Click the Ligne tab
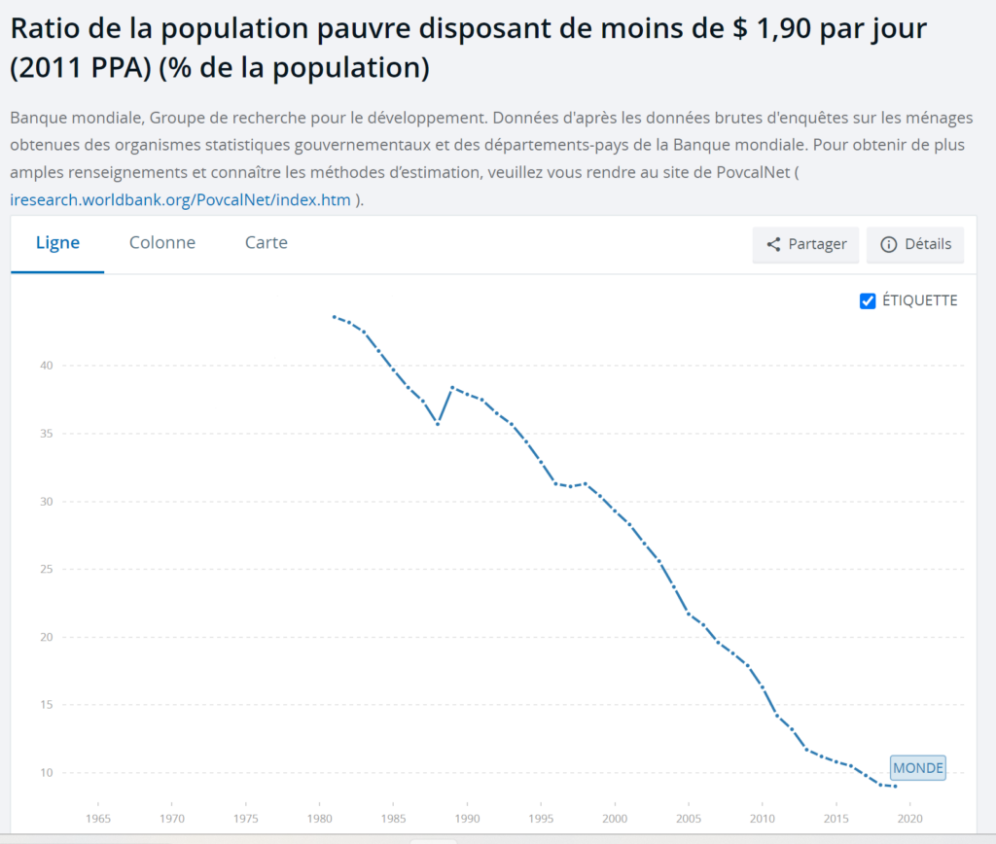(x=57, y=243)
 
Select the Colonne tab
(x=162, y=243)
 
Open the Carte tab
(x=266, y=243)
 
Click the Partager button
(x=805, y=245)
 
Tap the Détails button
(x=915, y=245)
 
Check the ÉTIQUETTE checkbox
(x=869, y=300)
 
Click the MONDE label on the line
(x=918, y=768)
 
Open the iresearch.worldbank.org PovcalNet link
(x=179, y=200)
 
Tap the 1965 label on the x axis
(x=98, y=819)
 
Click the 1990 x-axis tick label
(x=468, y=819)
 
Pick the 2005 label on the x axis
(x=689, y=819)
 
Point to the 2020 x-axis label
(x=909, y=819)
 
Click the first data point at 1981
(x=335, y=317)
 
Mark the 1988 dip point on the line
(x=438, y=424)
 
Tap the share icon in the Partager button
(x=774, y=245)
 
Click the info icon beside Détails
(x=888, y=245)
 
